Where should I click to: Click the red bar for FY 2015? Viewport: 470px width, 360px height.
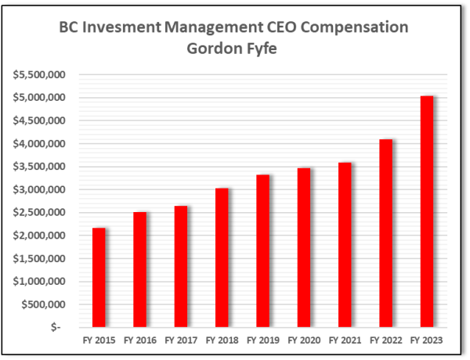99,277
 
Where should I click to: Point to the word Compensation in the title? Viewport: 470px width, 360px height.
357,27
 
